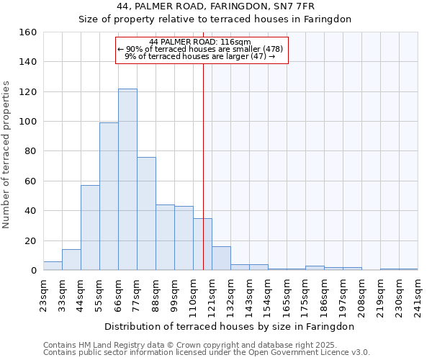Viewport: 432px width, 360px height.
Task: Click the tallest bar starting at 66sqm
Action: [127, 179]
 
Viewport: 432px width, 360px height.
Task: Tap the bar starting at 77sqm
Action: [146, 214]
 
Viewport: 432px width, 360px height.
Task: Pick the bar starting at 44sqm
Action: [90, 228]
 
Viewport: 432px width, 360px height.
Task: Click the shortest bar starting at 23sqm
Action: [53, 266]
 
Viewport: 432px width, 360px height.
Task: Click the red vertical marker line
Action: [203, 166]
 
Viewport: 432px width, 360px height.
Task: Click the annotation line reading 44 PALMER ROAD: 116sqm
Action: [201, 42]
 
